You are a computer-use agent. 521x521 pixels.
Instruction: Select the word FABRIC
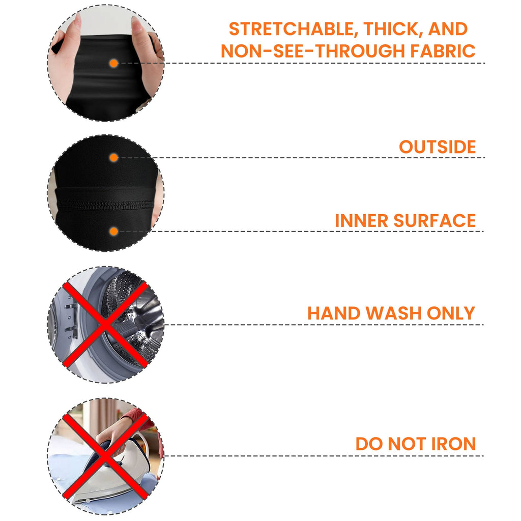[443, 51]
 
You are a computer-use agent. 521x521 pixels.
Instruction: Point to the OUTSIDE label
[437, 147]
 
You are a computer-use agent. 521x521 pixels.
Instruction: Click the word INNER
[362, 221]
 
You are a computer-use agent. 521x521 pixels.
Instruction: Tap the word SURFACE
[435, 221]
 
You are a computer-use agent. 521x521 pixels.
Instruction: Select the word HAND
[334, 313]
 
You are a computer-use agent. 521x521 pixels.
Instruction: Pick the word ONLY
[451, 313]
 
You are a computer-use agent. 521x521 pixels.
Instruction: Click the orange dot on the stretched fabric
[113, 63]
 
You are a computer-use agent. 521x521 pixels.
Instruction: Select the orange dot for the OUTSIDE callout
[113, 158]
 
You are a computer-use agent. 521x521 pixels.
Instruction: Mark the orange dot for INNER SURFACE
[113, 231]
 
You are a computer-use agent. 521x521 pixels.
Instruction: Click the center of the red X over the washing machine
[105, 325]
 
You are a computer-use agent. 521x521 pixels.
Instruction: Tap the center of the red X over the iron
[105, 456]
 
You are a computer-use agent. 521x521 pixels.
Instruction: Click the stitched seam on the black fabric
[106, 204]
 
